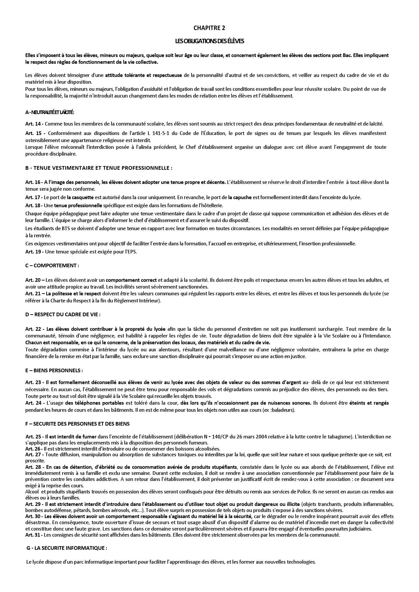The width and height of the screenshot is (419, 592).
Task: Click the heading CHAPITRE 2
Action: pos(209,28)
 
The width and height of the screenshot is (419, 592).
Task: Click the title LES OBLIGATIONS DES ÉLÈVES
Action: pos(209,41)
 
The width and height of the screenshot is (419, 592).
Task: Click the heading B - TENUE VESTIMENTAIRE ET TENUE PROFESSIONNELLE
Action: pos(99,168)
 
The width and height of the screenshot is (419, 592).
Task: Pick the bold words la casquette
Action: pos(79,197)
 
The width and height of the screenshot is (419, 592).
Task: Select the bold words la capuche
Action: pos(240,197)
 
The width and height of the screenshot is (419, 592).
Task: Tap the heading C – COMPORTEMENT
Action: pos(52,265)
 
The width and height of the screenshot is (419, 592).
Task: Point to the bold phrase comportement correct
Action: pos(131,280)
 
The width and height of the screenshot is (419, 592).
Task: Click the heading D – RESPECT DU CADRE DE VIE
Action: pos(63,314)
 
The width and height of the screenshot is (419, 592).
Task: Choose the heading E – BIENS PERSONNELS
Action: pos(54,370)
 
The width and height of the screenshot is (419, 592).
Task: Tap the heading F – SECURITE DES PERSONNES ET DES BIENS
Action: pos(77,424)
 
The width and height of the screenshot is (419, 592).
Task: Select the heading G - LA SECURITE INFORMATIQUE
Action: pos(67,548)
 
